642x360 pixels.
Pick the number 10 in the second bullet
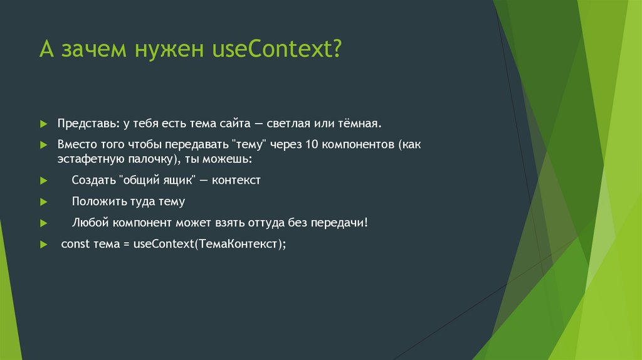[x=312, y=144]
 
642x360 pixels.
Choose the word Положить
[x=97, y=202]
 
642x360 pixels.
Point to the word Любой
[x=90, y=223]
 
